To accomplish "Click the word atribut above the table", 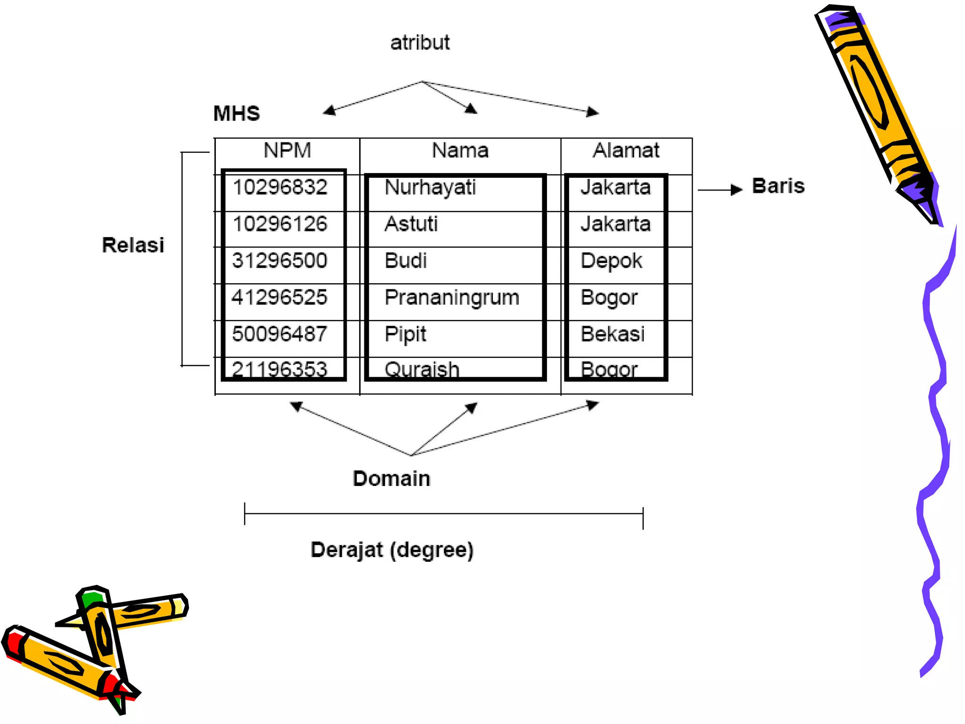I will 420,43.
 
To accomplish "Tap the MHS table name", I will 237,114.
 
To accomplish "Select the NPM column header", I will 287,150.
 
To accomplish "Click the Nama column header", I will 460,150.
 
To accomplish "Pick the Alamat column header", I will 626,150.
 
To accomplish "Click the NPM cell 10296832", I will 280,187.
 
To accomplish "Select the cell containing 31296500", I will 280,261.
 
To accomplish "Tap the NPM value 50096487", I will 280,334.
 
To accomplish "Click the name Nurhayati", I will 430,188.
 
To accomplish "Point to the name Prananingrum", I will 452,297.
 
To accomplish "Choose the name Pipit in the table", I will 405,334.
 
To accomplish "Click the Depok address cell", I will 611,261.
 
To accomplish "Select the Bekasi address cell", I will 613,334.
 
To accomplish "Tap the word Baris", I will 778,186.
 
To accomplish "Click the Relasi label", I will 133,245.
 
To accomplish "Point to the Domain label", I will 392,478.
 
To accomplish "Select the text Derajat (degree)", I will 392,550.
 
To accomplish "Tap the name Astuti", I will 411,224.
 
